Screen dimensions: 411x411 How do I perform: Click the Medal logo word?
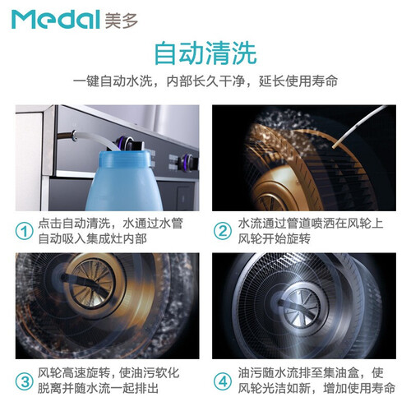click(55, 19)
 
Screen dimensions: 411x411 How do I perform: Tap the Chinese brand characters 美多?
click(122, 21)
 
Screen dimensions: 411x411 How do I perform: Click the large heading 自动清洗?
click(205, 53)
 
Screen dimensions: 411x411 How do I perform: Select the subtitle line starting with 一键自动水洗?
click(205, 81)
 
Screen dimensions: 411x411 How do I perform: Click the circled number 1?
click(25, 232)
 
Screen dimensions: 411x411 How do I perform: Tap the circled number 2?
click(223, 231)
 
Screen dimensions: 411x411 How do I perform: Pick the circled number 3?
click(25, 381)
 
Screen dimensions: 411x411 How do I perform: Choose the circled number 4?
click(223, 381)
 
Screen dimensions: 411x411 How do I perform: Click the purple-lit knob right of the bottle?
click(188, 162)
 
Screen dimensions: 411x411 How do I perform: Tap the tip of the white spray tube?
click(334, 146)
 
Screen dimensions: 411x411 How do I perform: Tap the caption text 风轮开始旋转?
click(274, 239)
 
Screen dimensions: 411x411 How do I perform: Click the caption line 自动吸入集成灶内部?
click(93, 239)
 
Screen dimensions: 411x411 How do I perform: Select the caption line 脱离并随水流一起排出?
click(98, 389)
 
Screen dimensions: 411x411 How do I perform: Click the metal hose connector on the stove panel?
click(73, 135)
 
